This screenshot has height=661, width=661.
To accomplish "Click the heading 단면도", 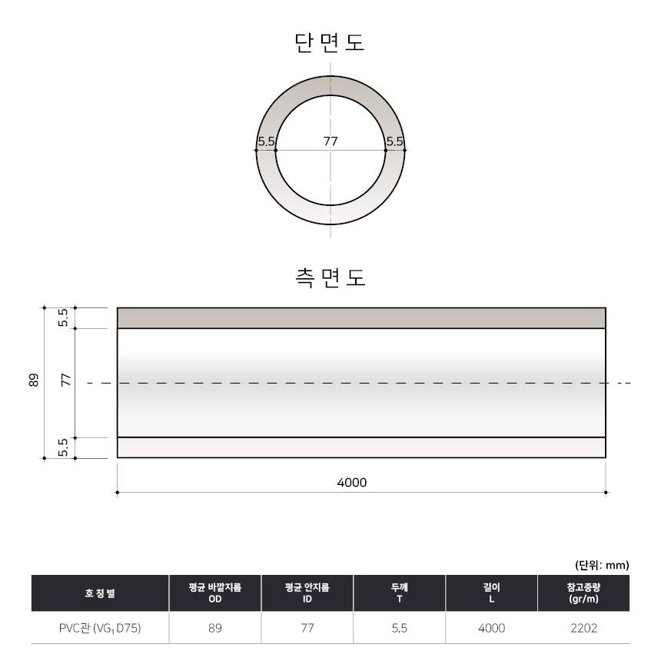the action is [x=329, y=43].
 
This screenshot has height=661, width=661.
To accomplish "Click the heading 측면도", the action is [x=330, y=277].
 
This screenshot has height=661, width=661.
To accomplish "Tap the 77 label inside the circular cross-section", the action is [x=330, y=141].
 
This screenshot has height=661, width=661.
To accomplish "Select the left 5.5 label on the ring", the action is [x=266, y=141].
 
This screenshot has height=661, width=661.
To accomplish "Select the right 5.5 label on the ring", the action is [x=395, y=141].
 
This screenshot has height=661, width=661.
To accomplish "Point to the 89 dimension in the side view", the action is [x=34, y=380].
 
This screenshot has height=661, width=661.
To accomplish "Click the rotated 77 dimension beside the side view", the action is [x=66, y=380].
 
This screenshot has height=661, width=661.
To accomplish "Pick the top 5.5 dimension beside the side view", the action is [x=63, y=318].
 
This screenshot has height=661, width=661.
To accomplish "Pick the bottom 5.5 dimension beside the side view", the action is [x=63, y=447].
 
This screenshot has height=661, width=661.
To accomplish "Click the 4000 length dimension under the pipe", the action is [x=352, y=482].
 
